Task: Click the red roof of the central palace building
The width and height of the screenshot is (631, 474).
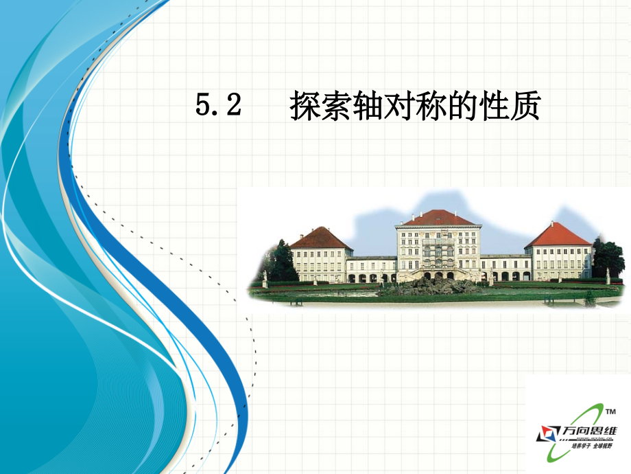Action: pos(439,218)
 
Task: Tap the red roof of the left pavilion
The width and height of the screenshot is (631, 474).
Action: pos(320,238)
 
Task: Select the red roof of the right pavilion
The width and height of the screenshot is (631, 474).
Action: pos(558,236)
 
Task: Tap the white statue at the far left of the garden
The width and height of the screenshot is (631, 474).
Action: pos(265,278)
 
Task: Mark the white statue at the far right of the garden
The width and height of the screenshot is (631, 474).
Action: pos(607,276)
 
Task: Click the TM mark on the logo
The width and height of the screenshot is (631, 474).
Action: pos(610,411)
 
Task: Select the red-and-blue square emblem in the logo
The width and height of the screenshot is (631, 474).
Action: pos(548,433)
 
